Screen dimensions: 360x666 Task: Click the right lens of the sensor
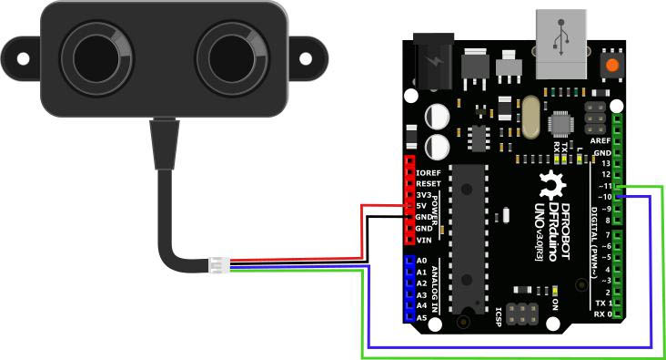tap(230, 57)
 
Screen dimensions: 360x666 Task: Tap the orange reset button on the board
tap(613, 66)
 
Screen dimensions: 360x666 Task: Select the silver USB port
tap(561, 44)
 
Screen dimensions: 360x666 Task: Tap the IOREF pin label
tap(429, 172)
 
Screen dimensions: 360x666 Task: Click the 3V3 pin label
tap(423, 195)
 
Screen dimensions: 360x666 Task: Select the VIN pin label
tap(423, 240)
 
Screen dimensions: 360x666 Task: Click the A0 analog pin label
tap(420, 262)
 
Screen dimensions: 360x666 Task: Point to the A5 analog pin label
tap(420, 318)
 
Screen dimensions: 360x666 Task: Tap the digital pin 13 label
tap(605, 163)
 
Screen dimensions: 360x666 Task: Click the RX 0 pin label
tap(600, 314)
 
